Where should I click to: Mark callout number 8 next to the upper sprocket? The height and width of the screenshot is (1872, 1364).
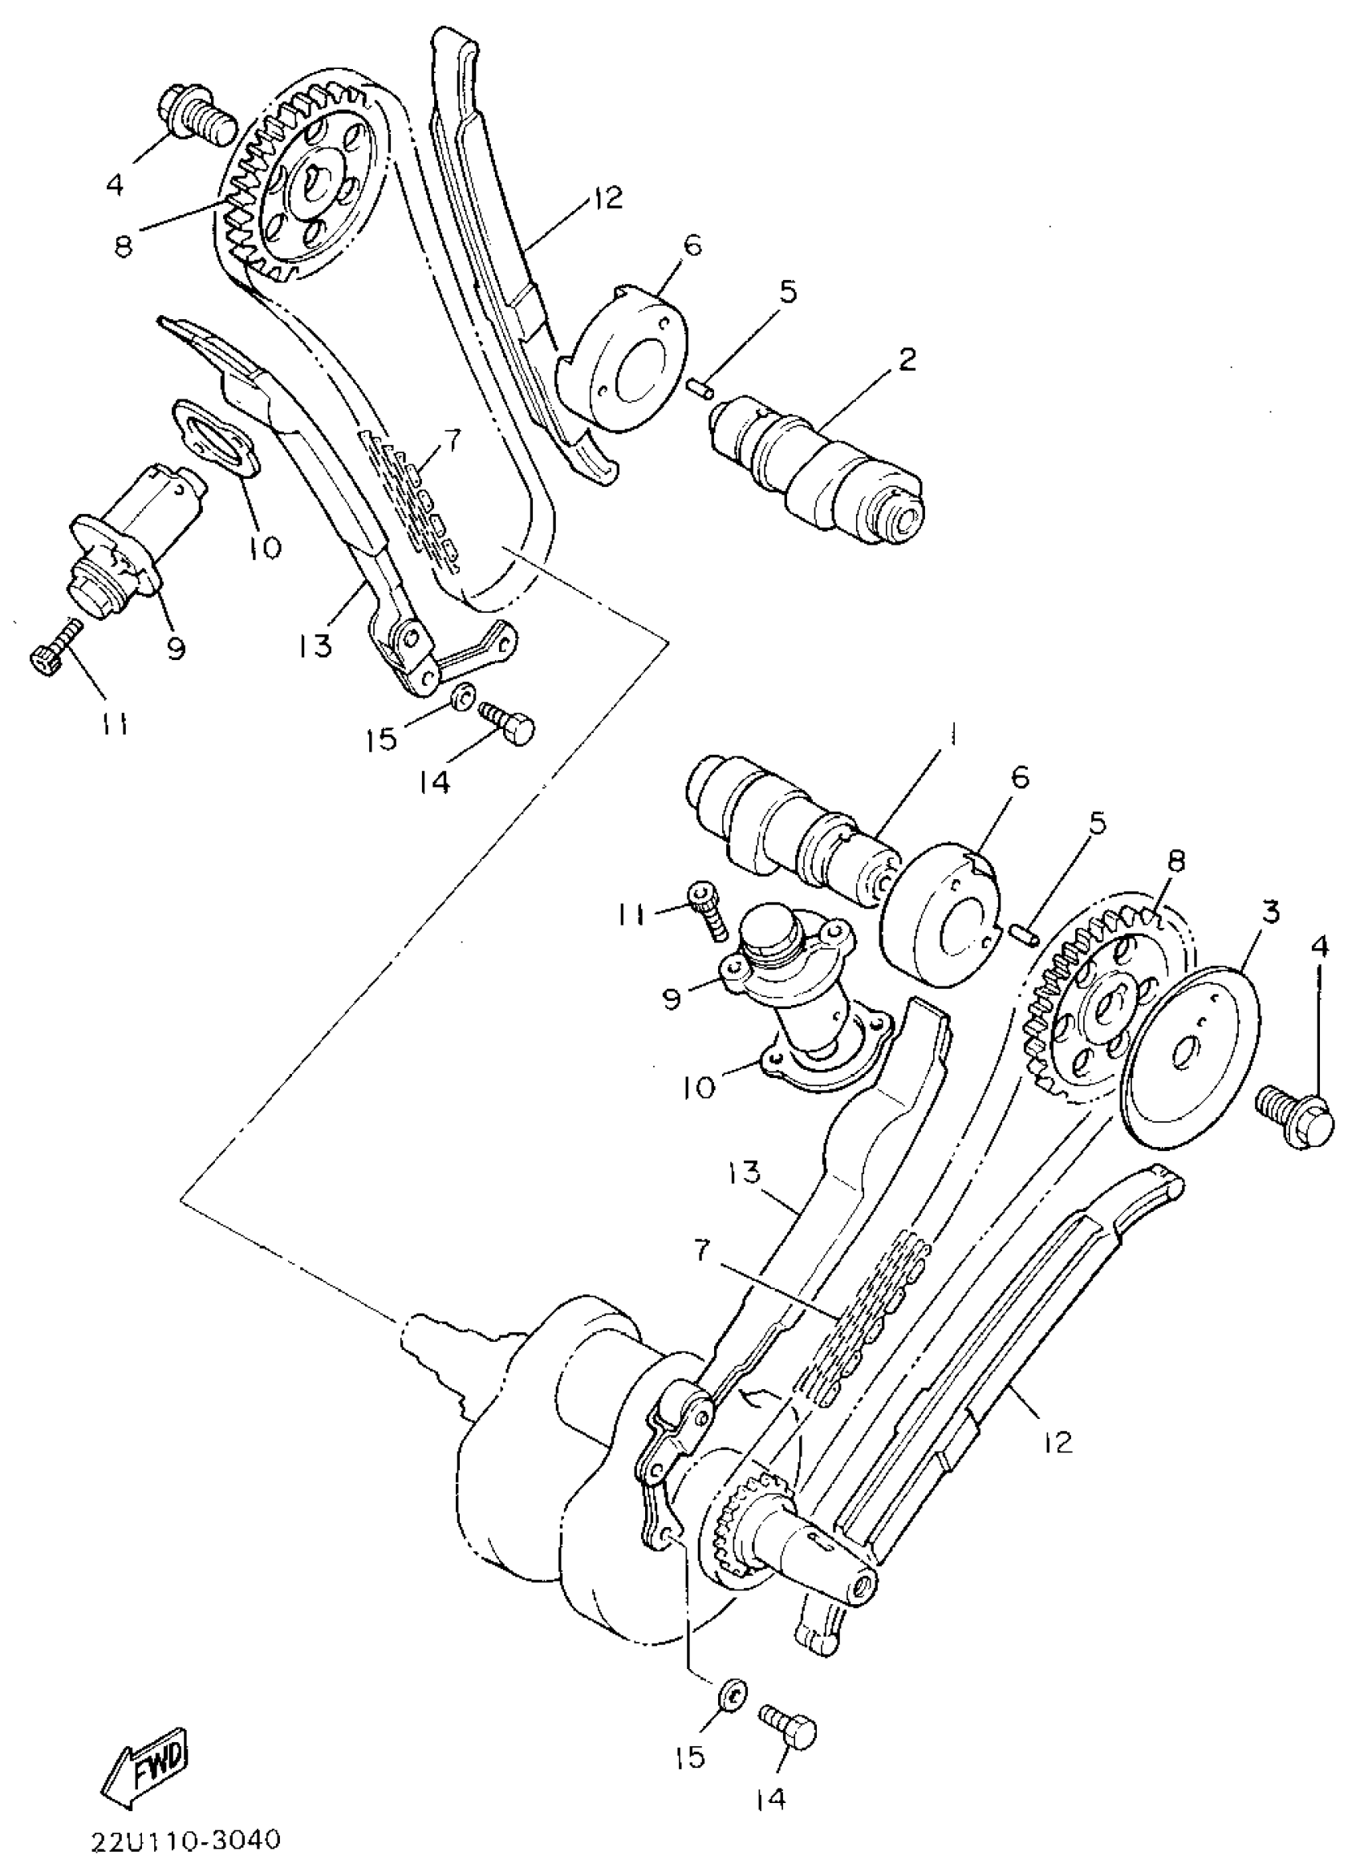(124, 246)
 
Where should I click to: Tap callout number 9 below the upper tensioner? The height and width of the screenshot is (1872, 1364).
(176, 649)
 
